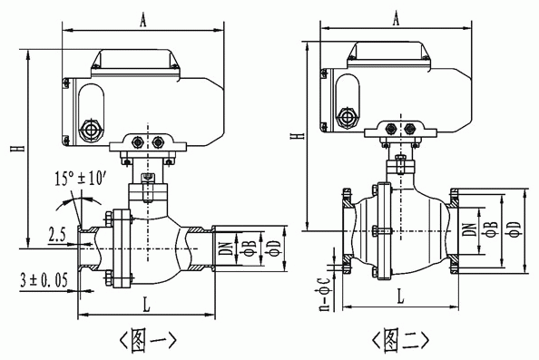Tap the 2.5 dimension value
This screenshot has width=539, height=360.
tap(57, 235)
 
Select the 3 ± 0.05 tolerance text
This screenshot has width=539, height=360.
tap(44, 280)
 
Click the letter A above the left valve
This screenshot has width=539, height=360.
tap(143, 20)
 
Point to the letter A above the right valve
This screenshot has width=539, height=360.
tap(396, 18)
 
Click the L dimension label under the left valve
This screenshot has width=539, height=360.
tap(146, 305)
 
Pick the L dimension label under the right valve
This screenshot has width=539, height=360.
tap(400, 297)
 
